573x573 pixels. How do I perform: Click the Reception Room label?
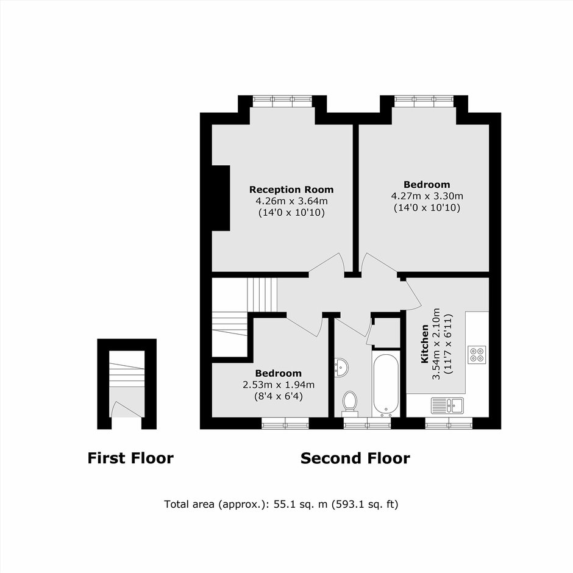point(291,190)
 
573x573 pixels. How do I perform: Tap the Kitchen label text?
point(425,344)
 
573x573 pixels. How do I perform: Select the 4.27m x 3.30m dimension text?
point(427,196)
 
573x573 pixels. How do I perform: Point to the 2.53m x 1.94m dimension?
point(279,385)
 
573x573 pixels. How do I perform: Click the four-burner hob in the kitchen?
point(477,354)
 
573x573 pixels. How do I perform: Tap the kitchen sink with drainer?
point(447,405)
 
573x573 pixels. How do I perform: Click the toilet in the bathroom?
point(350,404)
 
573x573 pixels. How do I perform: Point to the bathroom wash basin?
point(341,366)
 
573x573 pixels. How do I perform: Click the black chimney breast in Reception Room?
point(221,198)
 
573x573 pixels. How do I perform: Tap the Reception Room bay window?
point(282,101)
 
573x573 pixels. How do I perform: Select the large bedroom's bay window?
point(424,101)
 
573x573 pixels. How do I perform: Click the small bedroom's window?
point(285,423)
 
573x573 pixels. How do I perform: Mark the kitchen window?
point(449,423)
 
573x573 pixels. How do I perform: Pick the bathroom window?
point(367,423)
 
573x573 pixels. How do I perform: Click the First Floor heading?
point(130,458)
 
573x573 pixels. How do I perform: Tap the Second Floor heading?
point(355,458)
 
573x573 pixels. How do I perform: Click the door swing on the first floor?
point(126,409)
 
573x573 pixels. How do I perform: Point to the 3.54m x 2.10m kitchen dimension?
point(442,344)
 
